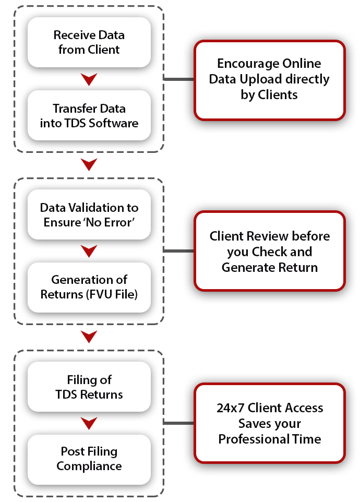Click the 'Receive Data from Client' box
[89, 43]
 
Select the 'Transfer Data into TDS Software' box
[89, 116]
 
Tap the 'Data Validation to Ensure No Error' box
[89, 214]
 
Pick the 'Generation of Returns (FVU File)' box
[89, 287]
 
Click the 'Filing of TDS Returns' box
[89, 387]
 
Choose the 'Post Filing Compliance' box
[89, 459]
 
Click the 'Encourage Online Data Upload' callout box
[269, 79]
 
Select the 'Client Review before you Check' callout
[269, 252]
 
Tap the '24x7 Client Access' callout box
[269, 423]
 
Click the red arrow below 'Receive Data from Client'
[89, 79]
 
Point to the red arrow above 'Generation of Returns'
[89, 251]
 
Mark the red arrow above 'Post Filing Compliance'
[89, 423]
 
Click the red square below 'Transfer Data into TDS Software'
[89, 165]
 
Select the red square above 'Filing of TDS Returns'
[89, 337]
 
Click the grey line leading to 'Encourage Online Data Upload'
[178, 79]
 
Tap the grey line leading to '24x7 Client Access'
[178, 423]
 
